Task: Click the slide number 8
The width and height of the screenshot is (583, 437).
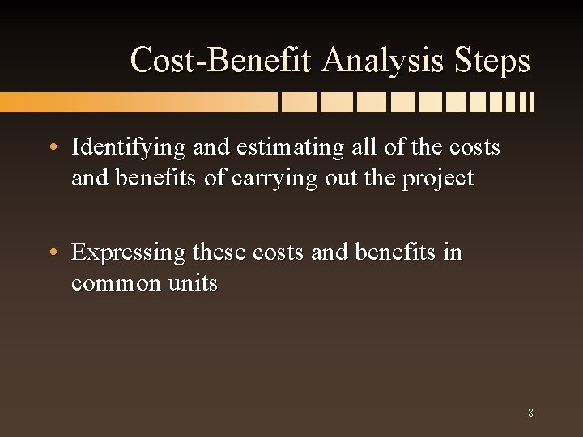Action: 530,413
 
